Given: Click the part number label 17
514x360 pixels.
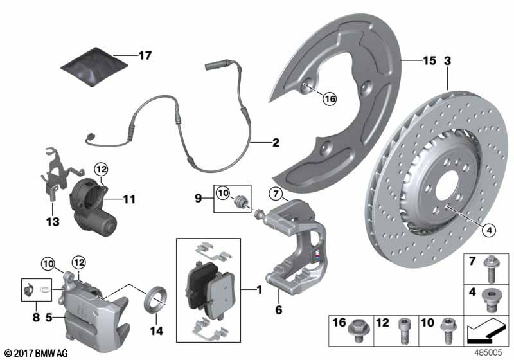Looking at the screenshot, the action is coord(145,55).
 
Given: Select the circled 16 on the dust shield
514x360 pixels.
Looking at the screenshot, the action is coord(330,99).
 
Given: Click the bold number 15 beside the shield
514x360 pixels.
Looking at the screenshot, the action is coord(429,60).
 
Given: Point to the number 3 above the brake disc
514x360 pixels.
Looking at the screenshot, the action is coord(447,60).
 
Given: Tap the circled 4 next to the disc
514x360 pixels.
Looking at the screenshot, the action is coord(489,231).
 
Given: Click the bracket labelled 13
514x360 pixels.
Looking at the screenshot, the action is coord(61,173).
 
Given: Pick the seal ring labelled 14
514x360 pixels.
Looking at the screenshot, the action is coord(155,299).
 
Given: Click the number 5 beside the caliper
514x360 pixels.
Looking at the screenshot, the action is coord(49,318).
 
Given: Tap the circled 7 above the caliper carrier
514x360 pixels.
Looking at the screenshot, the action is coord(276,194).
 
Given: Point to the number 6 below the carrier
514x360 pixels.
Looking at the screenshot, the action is coord(279,309).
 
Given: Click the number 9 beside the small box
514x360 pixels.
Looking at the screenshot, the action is coord(199,199).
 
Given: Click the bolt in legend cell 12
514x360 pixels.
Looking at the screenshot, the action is coord(403,332).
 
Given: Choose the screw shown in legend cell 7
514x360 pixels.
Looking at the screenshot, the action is coord(490,269).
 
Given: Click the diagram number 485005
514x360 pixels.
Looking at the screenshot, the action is coord(488,353).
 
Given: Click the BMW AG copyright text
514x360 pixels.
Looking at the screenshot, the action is coord(37,353).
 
